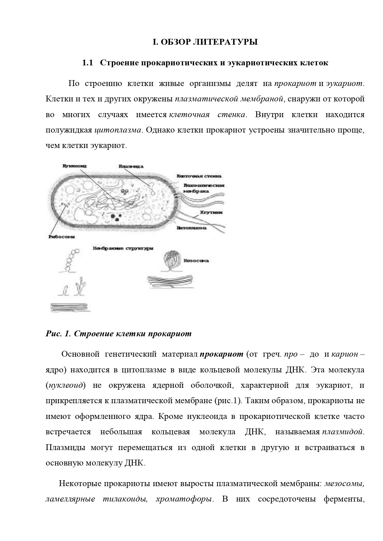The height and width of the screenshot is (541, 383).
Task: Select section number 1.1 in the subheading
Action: coord(88,63)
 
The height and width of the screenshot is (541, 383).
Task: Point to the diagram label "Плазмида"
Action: coord(131,166)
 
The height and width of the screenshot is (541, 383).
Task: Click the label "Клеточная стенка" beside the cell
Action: coord(199,176)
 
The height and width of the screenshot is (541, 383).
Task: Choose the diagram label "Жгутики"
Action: coord(211,212)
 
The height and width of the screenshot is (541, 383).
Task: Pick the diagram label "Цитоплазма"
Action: coord(191,228)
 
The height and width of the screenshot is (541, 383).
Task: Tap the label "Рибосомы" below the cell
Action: coord(62,237)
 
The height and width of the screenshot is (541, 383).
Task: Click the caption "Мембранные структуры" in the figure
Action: coord(123,248)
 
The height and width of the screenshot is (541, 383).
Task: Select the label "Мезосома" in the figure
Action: coord(196,261)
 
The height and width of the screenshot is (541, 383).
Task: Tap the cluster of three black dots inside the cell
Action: coord(116,217)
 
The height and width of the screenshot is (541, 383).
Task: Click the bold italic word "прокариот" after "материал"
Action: coord(221,354)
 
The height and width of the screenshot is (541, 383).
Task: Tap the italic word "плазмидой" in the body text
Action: coord(342,432)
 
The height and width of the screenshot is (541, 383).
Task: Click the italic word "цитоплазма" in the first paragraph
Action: coord(118,130)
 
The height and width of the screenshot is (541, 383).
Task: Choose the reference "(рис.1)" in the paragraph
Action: coord(227,401)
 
